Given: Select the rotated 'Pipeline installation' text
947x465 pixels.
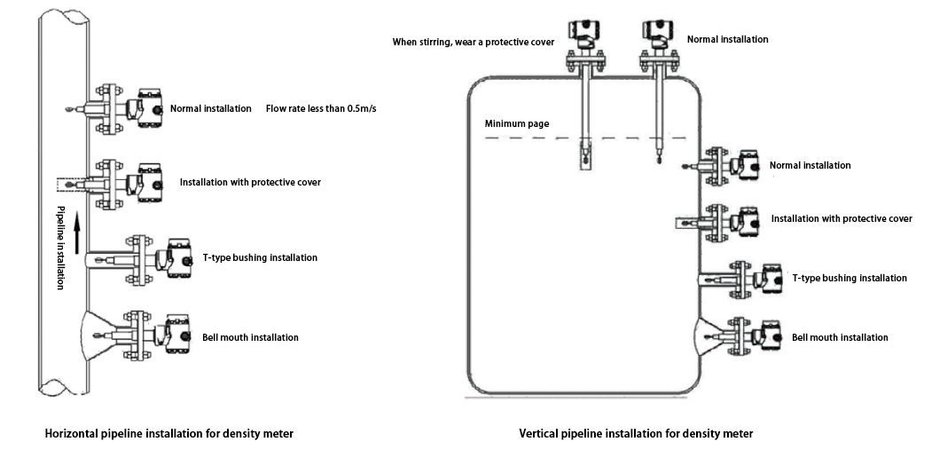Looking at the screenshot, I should (x=61, y=248).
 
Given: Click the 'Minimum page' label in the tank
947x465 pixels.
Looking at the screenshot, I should (x=516, y=123).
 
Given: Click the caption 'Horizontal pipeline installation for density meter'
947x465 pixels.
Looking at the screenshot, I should (x=169, y=434).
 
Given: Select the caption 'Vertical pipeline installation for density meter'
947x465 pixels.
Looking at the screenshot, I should (x=636, y=434).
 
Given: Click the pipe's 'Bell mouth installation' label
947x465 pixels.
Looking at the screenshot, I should (x=251, y=337).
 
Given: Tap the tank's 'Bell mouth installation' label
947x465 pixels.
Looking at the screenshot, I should (x=839, y=337).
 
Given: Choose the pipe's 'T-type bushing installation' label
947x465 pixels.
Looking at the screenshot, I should (x=260, y=257).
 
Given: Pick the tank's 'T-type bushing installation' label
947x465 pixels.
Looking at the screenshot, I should (x=849, y=278).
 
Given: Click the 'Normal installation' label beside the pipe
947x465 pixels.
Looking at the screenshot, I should (x=211, y=109).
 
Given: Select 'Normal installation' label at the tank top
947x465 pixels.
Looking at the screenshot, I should (x=728, y=39).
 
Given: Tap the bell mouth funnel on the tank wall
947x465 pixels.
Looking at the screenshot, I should (x=706, y=335).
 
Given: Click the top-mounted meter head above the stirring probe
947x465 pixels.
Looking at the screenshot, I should (x=586, y=32).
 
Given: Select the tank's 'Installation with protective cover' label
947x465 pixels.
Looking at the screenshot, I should (x=841, y=218).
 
